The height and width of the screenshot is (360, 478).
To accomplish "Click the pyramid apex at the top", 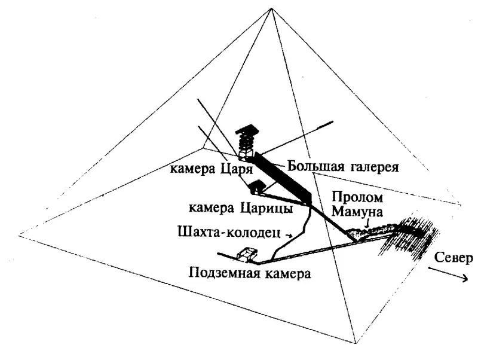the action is tap(271, 8).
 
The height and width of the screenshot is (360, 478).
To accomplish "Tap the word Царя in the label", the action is tap(236, 169).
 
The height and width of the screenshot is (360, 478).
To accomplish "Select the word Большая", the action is tap(315, 167).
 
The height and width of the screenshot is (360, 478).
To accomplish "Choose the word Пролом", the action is tap(357, 197).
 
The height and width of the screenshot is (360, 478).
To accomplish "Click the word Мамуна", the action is tap(357, 212).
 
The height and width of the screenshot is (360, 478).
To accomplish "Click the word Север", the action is tap(453, 258).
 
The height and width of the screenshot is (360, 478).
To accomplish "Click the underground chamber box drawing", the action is tap(247, 254).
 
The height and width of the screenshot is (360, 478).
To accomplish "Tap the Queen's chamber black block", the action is tap(257, 187).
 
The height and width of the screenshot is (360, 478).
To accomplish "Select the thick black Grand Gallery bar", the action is tap(282, 178).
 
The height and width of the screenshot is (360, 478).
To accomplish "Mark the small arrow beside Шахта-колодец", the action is tap(288, 235).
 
